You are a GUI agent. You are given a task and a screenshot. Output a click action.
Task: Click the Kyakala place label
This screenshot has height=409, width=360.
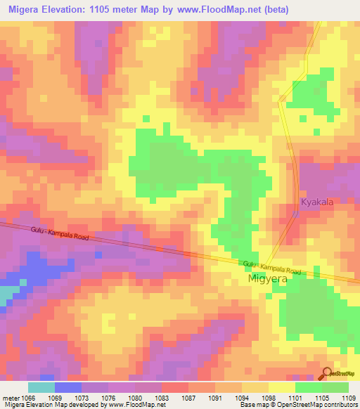(316, 202)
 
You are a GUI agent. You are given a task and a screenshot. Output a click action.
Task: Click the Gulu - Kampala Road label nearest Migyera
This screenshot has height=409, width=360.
(271, 267)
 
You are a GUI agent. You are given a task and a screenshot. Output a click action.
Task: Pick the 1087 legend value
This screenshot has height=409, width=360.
(188, 398)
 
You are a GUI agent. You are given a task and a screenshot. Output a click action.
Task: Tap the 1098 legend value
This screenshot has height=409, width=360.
(269, 398)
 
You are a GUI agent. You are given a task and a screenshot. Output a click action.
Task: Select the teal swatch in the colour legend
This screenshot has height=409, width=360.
(41, 387)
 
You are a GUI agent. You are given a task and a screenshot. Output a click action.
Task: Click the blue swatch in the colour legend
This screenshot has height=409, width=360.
(67, 387)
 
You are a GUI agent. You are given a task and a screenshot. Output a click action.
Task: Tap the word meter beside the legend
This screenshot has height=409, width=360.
(10, 398)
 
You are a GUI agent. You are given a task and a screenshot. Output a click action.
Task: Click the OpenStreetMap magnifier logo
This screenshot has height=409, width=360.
(328, 373)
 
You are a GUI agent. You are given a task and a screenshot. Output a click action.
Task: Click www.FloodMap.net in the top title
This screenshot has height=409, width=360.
(220, 9)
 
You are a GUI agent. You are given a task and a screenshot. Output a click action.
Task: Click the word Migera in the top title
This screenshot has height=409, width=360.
(26, 9)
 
